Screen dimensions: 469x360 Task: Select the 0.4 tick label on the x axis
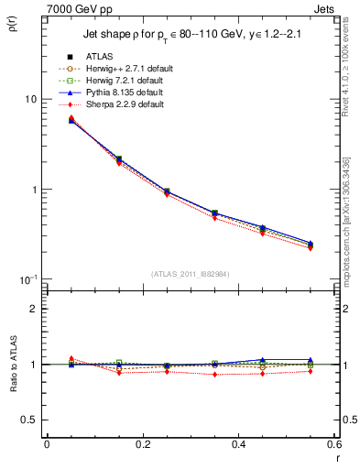click(238, 444)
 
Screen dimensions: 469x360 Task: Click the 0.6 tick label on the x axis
click(333, 444)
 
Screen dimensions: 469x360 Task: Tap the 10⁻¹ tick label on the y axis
click(28, 278)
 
